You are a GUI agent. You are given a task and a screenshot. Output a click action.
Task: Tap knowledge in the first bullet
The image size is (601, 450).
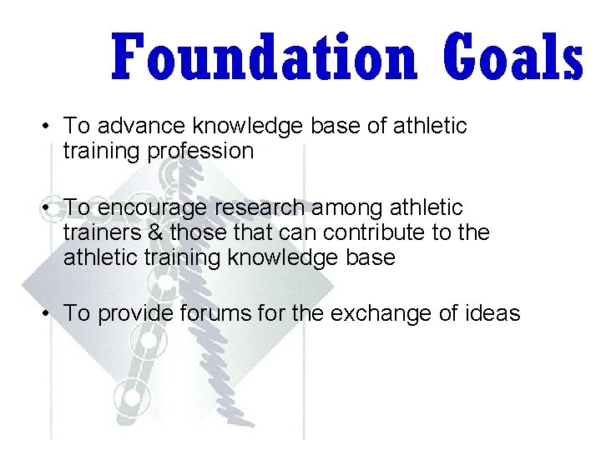point(244,127)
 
